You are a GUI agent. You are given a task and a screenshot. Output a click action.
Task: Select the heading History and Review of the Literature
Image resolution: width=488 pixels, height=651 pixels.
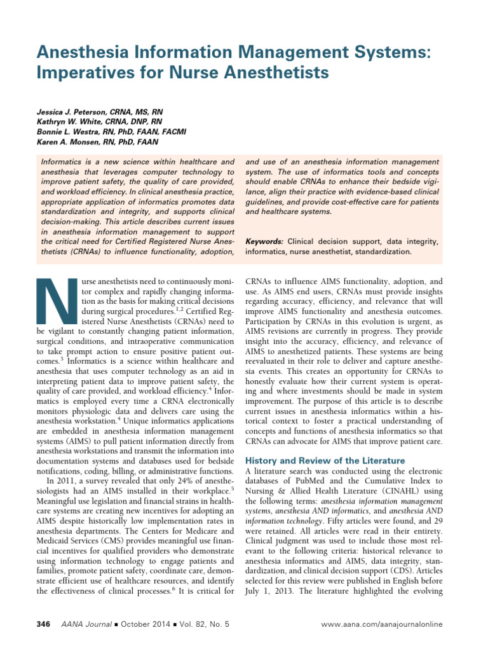(325, 460)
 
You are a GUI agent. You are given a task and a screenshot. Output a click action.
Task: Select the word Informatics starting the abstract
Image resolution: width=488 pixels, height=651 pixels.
(62, 163)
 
